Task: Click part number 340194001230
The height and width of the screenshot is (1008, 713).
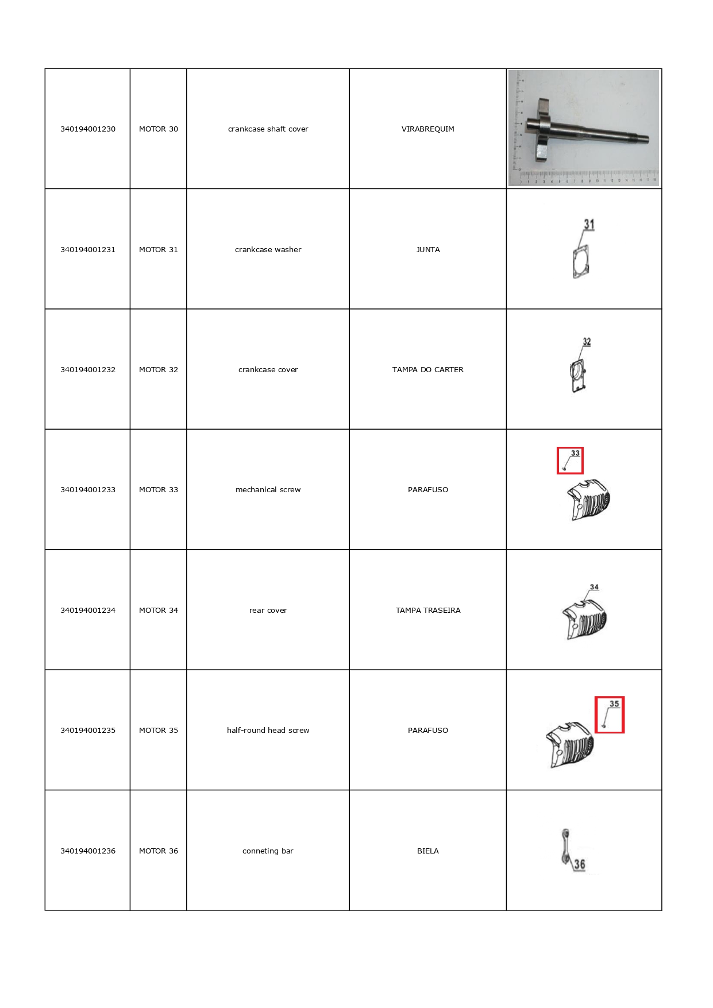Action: (x=88, y=129)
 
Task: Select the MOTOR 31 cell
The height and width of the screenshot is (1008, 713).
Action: (x=159, y=250)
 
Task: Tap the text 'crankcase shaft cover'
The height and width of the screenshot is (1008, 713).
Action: (x=268, y=129)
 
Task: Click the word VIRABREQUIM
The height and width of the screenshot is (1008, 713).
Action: (x=427, y=129)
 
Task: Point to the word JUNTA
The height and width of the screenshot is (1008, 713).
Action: (x=427, y=250)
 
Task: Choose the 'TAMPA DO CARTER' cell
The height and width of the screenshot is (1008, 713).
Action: (x=427, y=370)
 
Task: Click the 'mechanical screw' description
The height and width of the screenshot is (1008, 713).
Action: (x=268, y=490)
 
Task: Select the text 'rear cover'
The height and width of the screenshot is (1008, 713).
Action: (x=268, y=611)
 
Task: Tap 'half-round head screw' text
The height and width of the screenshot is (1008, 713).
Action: (x=268, y=731)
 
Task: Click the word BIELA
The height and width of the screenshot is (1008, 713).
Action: (x=427, y=851)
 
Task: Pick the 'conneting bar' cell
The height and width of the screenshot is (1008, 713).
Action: (x=268, y=851)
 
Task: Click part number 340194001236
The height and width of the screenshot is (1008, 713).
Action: (x=88, y=851)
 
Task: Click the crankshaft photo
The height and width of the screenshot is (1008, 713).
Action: (x=583, y=129)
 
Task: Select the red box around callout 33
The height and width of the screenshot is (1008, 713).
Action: (x=570, y=461)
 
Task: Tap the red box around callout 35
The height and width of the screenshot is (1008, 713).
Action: (x=609, y=715)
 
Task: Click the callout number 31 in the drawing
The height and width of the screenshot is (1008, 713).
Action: (x=589, y=225)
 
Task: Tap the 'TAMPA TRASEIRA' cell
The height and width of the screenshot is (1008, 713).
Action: (x=427, y=611)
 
